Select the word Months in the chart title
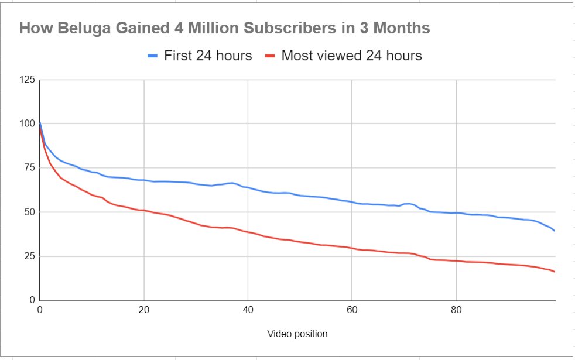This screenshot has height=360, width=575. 401,28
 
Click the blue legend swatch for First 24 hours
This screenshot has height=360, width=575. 152,56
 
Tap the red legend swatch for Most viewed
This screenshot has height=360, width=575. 269,56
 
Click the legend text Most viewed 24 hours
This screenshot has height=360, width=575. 351,56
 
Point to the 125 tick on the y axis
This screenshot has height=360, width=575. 27,80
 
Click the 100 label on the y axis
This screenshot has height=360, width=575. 27,124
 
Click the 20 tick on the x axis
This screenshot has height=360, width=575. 143,310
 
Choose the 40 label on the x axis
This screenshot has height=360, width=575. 248,310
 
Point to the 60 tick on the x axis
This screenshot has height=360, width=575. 351,310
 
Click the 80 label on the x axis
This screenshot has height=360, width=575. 456,310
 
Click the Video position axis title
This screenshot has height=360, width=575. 297,334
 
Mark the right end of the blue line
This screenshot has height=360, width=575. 554,231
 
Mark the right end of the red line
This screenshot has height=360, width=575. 554,272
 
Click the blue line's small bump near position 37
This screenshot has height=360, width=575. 232,183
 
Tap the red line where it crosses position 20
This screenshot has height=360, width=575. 143,210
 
